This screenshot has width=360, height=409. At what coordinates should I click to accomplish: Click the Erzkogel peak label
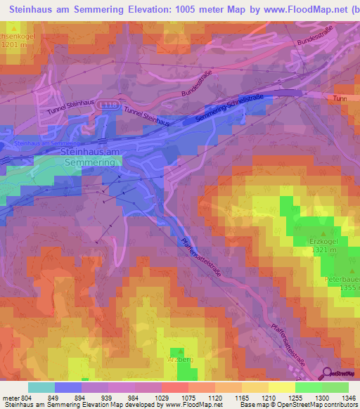click(x=323, y=241)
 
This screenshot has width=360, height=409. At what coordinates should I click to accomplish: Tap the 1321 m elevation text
click(x=323, y=249)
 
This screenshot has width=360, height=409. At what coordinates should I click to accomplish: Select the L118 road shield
click(x=107, y=104)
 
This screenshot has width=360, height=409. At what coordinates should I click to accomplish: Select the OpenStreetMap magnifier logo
click(x=328, y=372)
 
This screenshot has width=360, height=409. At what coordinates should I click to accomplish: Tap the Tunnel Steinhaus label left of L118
click(x=70, y=108)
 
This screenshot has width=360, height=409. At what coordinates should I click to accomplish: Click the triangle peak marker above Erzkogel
click(x=323, y=233)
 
